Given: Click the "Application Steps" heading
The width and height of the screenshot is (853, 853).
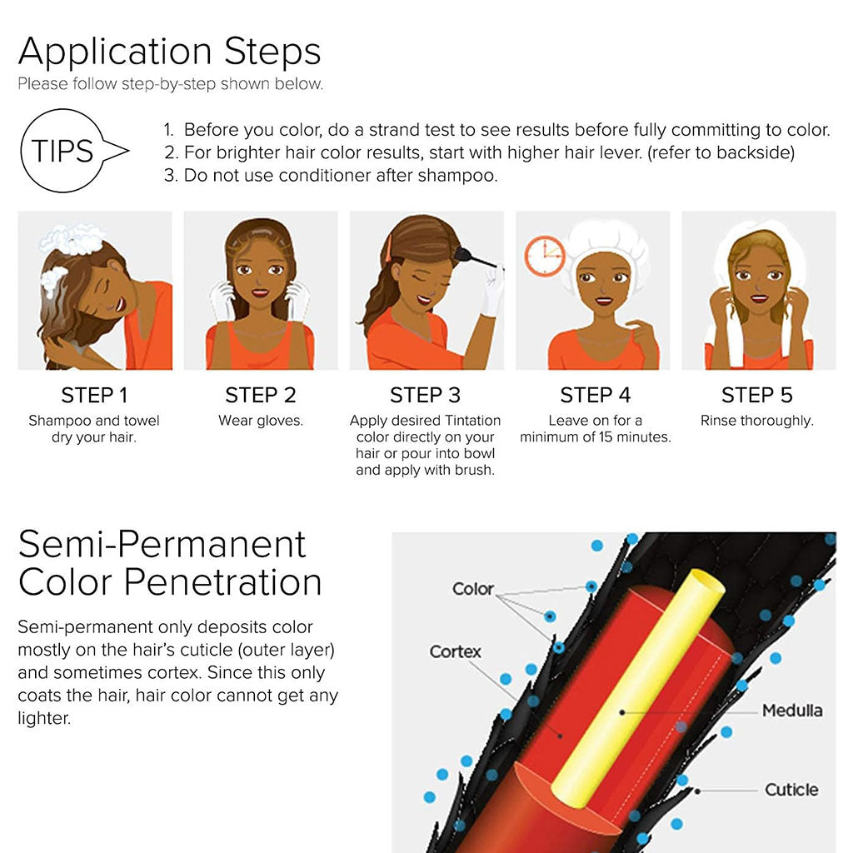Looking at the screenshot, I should click(169, 52).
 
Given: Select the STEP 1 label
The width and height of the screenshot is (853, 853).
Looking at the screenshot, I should click(94, 395).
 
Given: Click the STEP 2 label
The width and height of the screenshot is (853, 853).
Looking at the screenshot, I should click(261, 395).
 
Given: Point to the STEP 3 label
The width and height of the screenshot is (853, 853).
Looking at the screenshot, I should click(425, 395).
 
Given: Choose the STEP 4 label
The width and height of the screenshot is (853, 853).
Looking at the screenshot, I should click(595, 395).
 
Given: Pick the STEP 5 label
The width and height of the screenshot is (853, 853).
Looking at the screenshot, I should click(756, 395).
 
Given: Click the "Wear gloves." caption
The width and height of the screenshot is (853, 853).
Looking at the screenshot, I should click(261, 421).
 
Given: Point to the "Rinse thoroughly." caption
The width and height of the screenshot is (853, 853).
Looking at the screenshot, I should click(756, 421).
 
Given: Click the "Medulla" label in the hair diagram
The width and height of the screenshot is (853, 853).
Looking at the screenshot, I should click(791, 711).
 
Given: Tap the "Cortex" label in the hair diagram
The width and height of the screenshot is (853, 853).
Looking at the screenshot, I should click(455, 651).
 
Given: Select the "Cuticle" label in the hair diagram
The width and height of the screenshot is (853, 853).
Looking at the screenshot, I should click(791, 789).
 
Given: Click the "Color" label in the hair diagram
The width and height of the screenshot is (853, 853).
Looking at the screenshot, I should click(472, 589).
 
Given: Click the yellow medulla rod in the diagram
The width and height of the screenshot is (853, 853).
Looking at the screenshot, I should click(633, 691).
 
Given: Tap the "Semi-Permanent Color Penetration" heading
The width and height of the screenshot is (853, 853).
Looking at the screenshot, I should click(169, 563).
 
